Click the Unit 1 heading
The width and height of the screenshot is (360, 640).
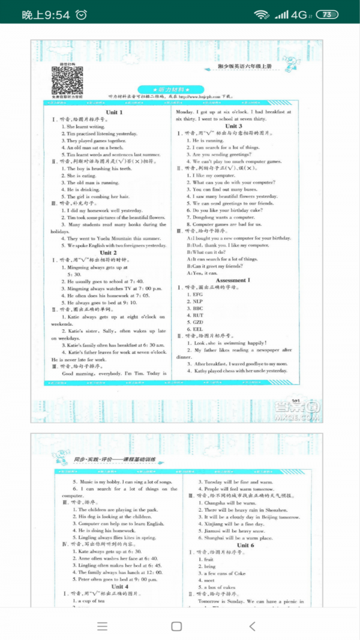coord(114,112)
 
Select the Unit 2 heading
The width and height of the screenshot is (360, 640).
coord(108,253)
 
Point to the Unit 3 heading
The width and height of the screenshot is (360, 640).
coord(233,126)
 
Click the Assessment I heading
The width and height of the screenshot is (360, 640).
coord(231,280)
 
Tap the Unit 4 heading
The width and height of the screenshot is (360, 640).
coord(119,586)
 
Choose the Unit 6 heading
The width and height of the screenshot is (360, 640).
coord(245,545)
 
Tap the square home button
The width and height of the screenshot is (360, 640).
coord(176,626)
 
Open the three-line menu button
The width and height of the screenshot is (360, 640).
coord(103,626)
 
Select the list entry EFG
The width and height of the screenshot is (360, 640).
coord(198,295)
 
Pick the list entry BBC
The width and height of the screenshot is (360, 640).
coord(198,308)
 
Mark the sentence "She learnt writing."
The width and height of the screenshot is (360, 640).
coord(86,127)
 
